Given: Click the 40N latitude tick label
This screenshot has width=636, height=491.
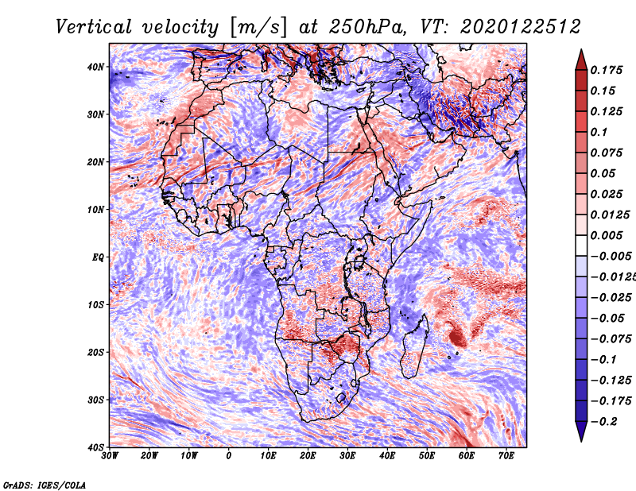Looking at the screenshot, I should tap(95, 67).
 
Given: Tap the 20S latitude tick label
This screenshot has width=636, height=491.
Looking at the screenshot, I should tap(95, 352).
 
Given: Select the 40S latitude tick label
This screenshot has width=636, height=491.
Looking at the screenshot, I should tap(95, 447).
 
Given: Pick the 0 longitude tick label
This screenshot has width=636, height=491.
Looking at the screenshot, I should tap(229, 456).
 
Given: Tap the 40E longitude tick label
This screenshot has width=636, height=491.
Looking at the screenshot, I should tap(387, 456).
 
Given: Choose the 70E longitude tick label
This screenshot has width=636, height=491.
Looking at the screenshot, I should tap(506, 456).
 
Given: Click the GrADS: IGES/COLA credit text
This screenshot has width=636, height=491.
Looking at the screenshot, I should tap(45, 484).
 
